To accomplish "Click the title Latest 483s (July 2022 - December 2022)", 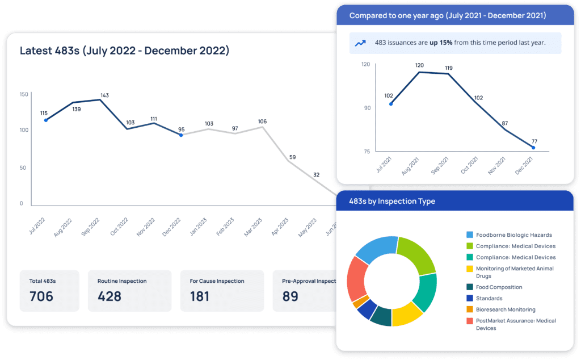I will [124, 51].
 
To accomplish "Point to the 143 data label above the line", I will [104, 95].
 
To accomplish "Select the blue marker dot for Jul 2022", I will [45, 120].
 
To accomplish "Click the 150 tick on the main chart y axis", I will [24, 94].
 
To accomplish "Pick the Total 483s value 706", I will [41, 296].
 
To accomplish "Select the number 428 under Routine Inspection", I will [110, 296].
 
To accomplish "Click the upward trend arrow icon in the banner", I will [360, 43].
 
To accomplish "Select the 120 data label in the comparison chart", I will [419, 65].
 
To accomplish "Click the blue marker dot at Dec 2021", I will [533, 148].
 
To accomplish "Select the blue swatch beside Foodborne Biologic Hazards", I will [469, 235].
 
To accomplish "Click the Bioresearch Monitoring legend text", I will [506, 309].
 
